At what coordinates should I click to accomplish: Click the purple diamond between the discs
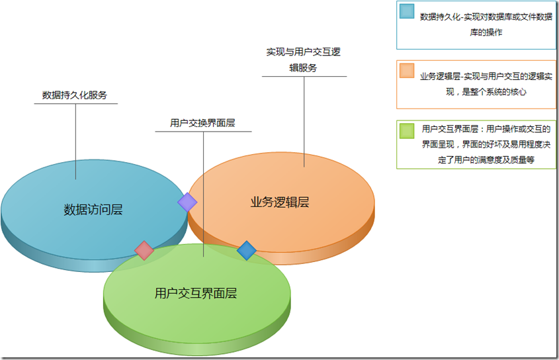(187, 202)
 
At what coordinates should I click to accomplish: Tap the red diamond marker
(144, 250)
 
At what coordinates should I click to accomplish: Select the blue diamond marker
(247, 250)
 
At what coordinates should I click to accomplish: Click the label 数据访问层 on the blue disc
(93, 209)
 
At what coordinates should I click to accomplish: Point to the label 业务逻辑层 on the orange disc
(280, 202)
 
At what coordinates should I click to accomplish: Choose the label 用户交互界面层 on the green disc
(196, 293)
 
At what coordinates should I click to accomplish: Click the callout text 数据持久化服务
(75, 95)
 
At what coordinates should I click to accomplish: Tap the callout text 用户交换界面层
(202, 122)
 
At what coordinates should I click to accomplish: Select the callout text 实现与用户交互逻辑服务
(304, 60)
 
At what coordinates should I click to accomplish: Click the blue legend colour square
(407, 11)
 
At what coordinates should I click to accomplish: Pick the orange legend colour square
(407, 71)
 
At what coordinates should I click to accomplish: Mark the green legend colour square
(407, 130)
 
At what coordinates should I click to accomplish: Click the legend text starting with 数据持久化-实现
(486, 24)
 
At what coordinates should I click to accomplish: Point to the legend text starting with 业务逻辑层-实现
(486, 84)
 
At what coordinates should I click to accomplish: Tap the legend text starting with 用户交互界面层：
(486, 144)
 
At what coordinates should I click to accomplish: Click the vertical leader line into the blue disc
(75, 142)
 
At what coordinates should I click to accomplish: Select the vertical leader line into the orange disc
(304, 122)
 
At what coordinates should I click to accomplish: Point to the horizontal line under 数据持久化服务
(76, 103)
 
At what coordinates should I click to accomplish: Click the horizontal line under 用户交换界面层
(203, 131)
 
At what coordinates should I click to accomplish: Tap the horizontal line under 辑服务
(304, 76)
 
